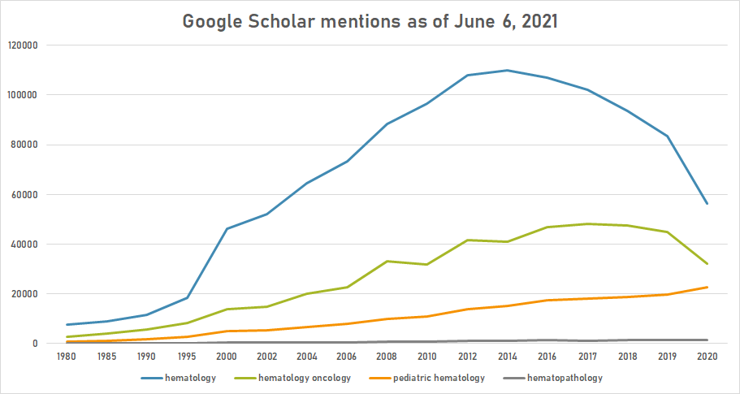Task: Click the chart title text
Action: tap(370, 21)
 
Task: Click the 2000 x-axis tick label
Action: tap(227, 356)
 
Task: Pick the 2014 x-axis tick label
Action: tap(507, 356)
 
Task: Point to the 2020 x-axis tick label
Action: tap(707, 356)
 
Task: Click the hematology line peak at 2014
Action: tap(507, 70)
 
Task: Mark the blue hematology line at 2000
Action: tap(227, 228)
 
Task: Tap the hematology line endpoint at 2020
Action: tap(707, 203)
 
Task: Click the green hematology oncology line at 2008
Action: tap(387, 261)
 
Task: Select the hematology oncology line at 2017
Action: tap(587, 223)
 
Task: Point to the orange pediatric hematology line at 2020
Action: tap(707, 287)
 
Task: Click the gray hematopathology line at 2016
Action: tap(547, 340)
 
